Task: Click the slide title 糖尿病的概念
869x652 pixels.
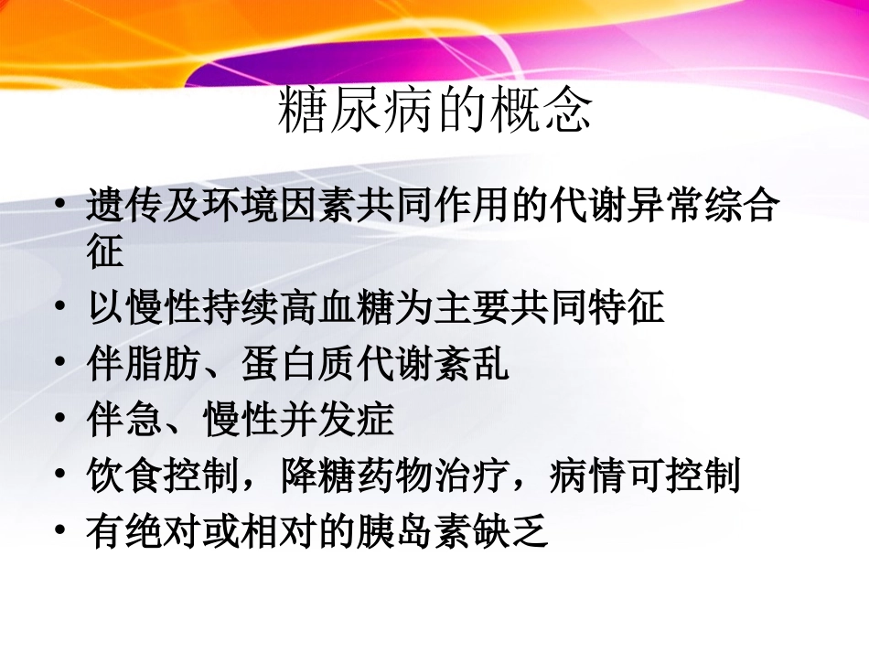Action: tap(434, 111)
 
